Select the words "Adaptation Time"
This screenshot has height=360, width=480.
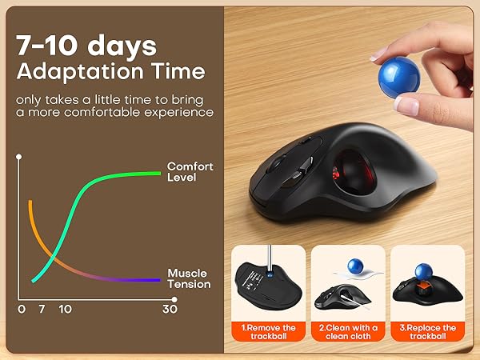click(110, 72)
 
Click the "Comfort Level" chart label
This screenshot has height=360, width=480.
click(190, 171)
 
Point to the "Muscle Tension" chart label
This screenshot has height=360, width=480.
click(189, 278)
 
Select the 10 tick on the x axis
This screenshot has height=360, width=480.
click(65, 309)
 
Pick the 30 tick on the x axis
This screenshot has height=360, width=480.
click(170, 309)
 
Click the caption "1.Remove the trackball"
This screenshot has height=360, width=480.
click(268, 332)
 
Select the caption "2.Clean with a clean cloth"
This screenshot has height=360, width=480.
click(348, 332)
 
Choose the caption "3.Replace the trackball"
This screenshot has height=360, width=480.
click(428, 332)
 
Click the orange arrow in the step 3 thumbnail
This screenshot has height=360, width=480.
click(429, 279)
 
